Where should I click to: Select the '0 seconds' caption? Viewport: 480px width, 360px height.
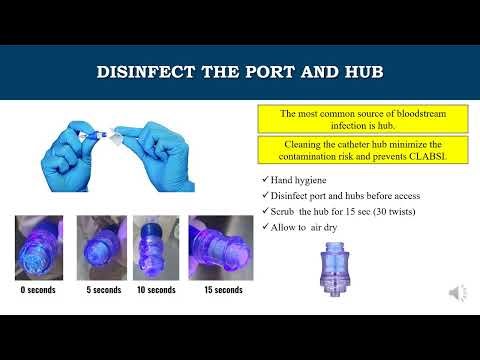39,290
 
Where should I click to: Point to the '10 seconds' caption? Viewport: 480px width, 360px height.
156,290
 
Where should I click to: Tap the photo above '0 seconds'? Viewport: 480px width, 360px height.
39,248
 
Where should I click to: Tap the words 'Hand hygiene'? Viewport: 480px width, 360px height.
297,179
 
